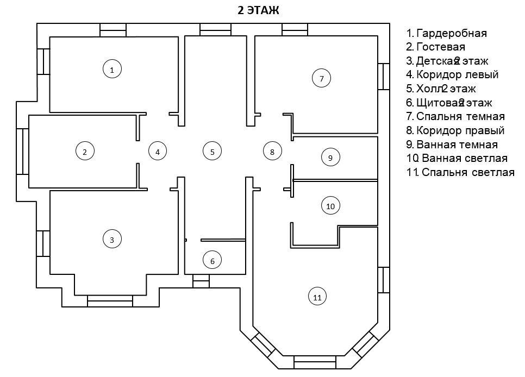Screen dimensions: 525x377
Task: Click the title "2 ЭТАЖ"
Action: [259, 10]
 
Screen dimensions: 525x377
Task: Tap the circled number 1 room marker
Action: [112, 69]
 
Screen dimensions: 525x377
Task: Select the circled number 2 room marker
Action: [85, 152]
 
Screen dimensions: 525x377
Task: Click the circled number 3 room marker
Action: [112, 239]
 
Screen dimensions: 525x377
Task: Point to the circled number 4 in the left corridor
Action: [158, 152]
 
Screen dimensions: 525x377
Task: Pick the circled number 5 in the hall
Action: [212, 152]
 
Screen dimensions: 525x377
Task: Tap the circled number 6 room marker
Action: [212, 261]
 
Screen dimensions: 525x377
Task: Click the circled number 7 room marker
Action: [322, 78]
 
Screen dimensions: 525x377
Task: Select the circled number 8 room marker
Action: [272, 152]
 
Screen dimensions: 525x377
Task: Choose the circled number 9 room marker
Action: [330, 157]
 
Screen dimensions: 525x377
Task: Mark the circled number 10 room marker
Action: [330, 206]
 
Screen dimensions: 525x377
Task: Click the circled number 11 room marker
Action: [318, 297]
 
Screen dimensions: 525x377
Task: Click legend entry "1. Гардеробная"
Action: [446, 33]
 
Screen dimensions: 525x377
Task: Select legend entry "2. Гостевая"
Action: [435, 47]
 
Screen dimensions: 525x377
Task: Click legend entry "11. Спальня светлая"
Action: [460, 173]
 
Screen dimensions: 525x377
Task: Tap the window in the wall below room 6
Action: [201, 281]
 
